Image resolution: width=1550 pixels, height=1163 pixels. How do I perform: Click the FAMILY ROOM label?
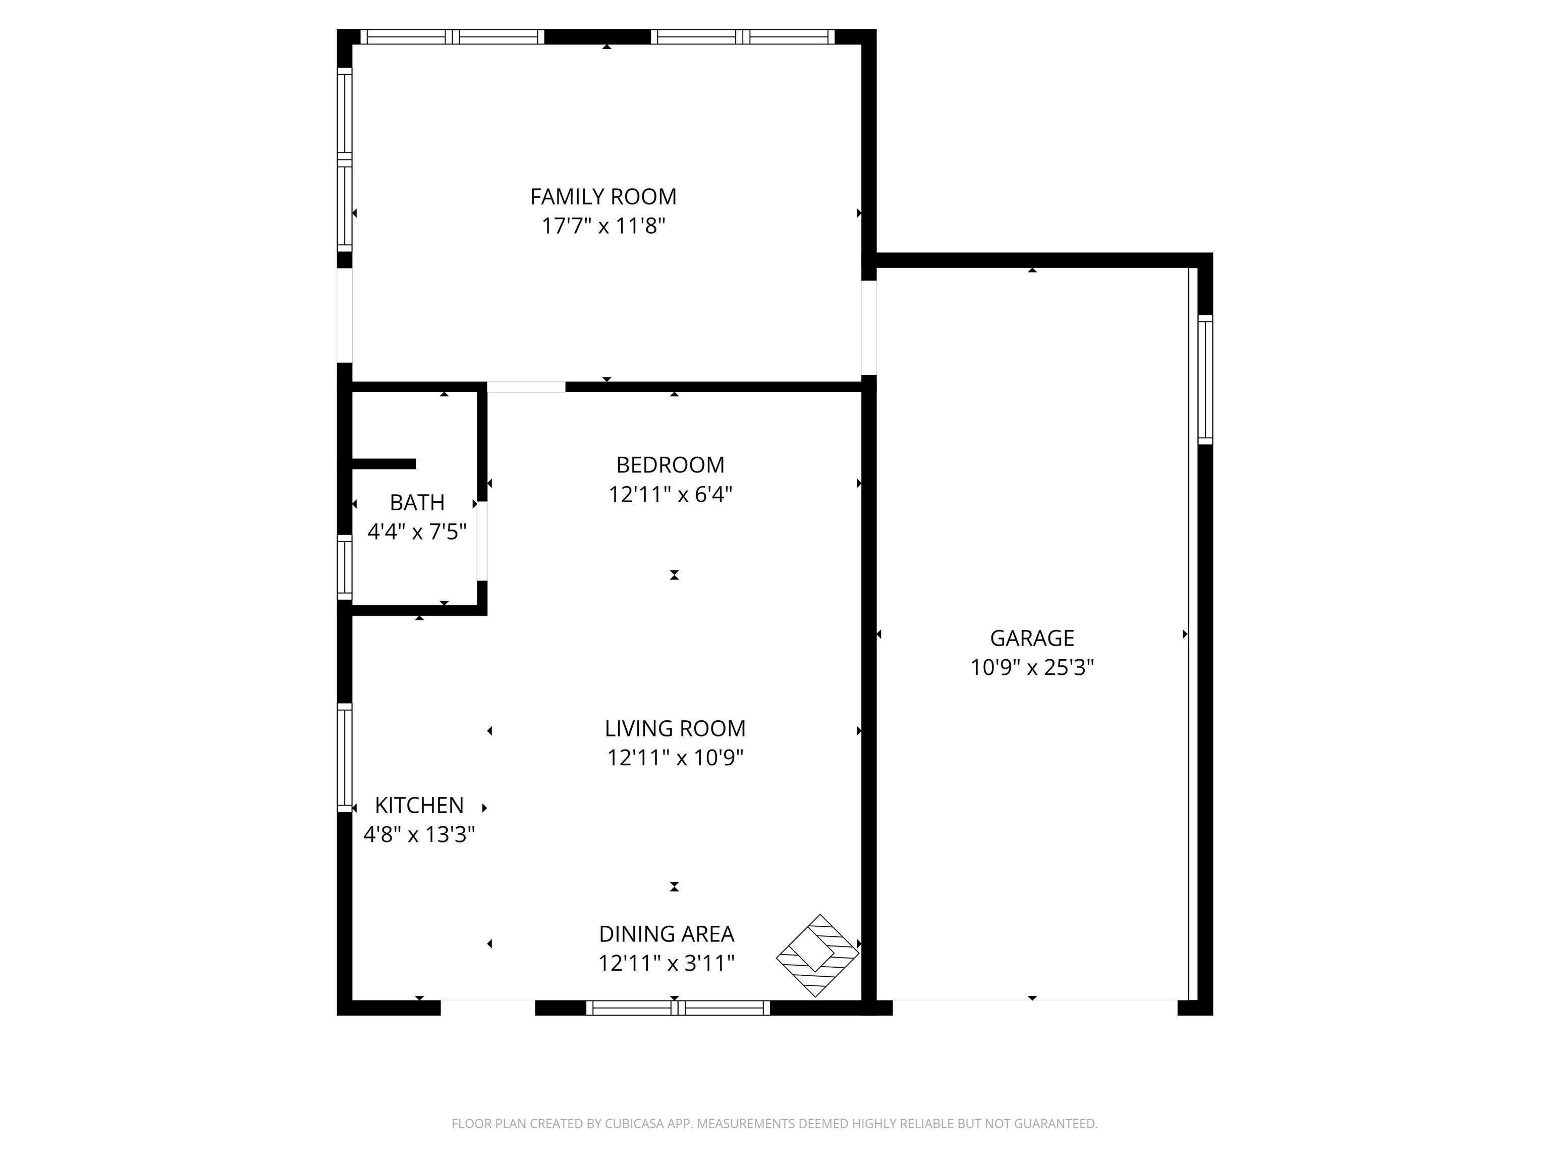pos(603,197)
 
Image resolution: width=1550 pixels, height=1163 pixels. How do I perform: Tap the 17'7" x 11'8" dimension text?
pos(603,227)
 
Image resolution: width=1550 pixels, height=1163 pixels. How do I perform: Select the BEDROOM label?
pos(671,465)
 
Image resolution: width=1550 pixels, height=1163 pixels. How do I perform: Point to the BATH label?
pos(417,503)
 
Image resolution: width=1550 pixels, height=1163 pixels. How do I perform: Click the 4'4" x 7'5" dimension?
pos(417,532)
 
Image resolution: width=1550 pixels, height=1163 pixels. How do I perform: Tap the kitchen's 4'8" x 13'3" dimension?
pos(419,834)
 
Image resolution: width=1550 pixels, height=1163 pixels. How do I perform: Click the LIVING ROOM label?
pos(675,728)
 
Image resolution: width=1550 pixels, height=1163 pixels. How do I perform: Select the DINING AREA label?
pos(667,934)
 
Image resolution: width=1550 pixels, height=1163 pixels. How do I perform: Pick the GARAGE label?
pos(1032,638)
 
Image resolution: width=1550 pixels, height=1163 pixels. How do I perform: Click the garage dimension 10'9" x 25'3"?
pos(1032,667)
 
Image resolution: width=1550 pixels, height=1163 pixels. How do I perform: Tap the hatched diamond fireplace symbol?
pos(817,955)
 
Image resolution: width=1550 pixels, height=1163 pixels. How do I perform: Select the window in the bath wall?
pos(344,567)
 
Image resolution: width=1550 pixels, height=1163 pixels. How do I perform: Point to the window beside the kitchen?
pos(344,757)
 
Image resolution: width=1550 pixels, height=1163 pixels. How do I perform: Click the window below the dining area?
pos(678,1008)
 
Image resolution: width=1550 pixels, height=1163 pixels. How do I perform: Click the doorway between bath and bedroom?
pos(482,541)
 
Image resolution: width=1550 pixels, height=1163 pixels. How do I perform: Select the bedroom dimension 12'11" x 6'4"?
pos(671,495)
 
